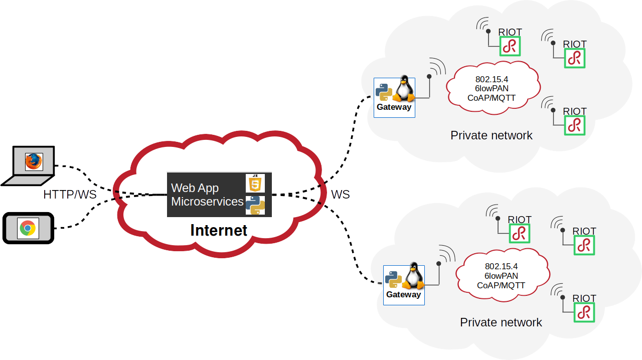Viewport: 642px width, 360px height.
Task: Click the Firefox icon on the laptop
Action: point(34,161)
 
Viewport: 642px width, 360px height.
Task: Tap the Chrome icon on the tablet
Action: point(28,228)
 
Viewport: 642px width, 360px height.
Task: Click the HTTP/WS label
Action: point(70,195)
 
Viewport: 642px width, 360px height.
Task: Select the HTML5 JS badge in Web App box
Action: point(255,183)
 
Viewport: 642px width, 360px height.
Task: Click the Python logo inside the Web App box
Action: point(255,205)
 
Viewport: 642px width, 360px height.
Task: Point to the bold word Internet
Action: point(219,230)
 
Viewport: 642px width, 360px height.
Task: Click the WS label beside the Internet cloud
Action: point(341,195)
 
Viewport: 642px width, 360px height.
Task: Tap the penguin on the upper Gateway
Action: point(404,89)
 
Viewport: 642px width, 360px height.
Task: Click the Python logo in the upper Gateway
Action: point(384,92)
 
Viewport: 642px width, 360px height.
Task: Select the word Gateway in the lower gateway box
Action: point(403,294)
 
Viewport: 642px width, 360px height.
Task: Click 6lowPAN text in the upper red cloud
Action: point(492,88)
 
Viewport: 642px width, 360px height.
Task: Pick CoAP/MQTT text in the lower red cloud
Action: point(501,285)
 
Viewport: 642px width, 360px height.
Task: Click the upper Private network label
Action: point(492,135)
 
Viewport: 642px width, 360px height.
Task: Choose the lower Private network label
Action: point(501,322)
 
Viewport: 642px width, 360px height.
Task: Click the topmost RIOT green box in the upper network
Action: point(510,46)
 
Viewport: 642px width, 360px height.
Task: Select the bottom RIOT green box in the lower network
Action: point(584,312)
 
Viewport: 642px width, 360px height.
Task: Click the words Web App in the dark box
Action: point(195,188)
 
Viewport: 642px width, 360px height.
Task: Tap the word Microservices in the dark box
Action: point(207,202)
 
